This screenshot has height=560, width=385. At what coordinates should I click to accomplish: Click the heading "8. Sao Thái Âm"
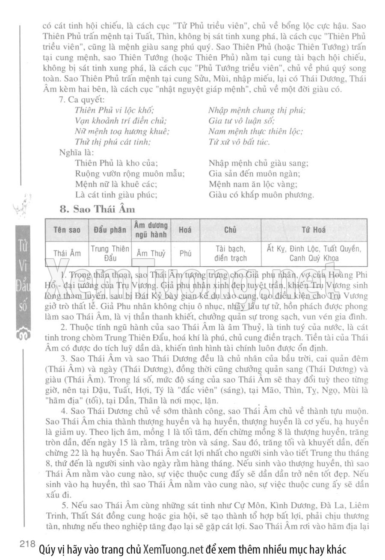tap(98, 209)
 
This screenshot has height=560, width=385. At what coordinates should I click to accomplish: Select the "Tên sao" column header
tap(67, 230)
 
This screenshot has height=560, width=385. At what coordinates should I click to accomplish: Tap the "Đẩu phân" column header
tap(110, 230)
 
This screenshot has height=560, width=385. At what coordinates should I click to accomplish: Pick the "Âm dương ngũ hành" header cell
tap(151, 230)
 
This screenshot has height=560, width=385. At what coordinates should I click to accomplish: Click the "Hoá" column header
tap(185, 230)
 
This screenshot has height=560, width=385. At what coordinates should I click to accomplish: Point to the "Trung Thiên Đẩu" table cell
tap(110, 253)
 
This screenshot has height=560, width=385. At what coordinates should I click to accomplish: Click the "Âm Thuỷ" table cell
tap(151, 253)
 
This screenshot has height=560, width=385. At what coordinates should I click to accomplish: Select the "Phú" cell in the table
tap(185, 253)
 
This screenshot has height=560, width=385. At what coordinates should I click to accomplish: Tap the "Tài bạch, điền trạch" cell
tap(230, 253)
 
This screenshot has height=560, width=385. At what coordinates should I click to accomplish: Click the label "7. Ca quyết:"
tap(82, 100)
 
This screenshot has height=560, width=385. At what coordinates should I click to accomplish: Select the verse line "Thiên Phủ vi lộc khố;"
tap(114, 110)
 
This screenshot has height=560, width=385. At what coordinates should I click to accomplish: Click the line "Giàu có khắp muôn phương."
tap(261, 195)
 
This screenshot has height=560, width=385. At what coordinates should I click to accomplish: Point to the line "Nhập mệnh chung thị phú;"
tap(257, 110)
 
